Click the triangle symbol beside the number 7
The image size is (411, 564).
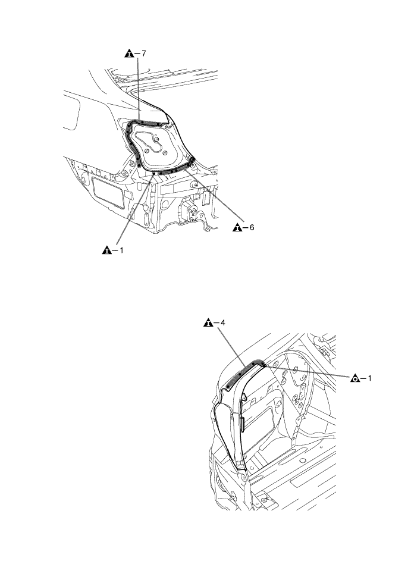[129, 54]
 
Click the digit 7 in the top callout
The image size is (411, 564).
[143, 54]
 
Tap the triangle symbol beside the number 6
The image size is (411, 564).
[237, 227]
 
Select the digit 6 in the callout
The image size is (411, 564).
[252, 227]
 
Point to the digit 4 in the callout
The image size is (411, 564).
[222, 322]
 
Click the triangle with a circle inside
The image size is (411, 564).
[355, 378]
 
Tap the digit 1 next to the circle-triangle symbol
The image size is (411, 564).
[369, 378]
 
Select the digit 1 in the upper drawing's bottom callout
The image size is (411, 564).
[121, 250]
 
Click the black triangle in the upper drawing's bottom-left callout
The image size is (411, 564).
[107, 250]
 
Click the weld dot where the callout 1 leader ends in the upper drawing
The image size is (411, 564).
[154, 174]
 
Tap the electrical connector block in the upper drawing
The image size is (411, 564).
[189, 211]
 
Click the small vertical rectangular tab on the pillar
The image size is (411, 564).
[241, 424]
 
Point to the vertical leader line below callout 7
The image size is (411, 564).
[139, 89]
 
